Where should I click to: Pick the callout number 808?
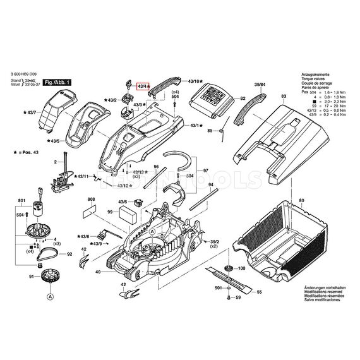pos(91,199)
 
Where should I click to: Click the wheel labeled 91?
pos(47,276)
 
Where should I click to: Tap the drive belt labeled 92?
pos(46,254)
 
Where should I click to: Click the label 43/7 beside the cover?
pos(29,112)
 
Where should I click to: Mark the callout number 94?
pos(211,185)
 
